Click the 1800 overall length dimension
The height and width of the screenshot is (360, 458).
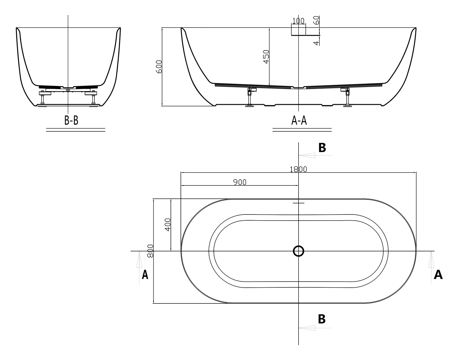coord(298,169)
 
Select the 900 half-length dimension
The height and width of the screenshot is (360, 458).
coord(240,182)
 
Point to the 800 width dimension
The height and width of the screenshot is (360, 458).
coord(150,251)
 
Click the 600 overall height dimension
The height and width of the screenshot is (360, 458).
coord(159,67)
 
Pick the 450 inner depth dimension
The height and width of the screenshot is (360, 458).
coord(266,57)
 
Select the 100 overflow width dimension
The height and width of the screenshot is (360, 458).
coord(298,21)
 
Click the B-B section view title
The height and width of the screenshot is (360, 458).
coord(71,121)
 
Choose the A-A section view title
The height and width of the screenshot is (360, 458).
coord(299,121)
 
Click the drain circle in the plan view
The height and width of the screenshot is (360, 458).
coord(299,251)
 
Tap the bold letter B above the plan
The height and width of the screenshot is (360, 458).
coord(322,148)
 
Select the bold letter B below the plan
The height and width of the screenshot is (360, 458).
coord(321,319)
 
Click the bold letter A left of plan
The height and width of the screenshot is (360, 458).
coord(145,275)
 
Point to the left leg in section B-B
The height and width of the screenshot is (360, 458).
coord(42,98)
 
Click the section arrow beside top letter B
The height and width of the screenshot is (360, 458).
coord(307,155)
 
